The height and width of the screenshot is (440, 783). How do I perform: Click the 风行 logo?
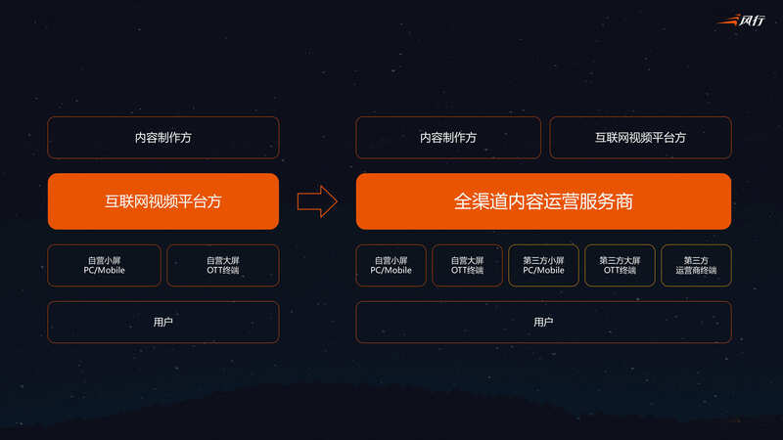click(741, 21)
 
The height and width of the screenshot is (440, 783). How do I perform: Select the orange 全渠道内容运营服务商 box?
click(543, 201)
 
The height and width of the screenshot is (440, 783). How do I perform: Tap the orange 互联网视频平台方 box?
click(163, 201)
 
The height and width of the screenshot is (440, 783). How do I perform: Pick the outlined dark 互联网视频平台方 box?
click(640, 138)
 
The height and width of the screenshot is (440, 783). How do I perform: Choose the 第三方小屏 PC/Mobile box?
click(543, 265)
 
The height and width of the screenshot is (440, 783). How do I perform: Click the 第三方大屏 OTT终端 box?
click(620, 265)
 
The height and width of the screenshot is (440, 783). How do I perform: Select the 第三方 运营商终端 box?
click(696, 265)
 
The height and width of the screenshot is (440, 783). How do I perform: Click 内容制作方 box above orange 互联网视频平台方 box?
click(163, 138)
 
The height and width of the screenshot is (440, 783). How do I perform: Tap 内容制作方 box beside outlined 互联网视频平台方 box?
click(448, 138)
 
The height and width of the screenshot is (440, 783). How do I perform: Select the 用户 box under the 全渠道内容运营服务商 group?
click(543, 323)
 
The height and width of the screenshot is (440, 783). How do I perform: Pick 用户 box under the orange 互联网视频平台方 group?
click(163, 323)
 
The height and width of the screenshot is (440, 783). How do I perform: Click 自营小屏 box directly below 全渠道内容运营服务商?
click(391, 265)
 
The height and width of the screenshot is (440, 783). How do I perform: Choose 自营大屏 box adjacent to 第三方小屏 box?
click(468, 265)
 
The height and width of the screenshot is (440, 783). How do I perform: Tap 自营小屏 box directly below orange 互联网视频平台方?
click(105, 265)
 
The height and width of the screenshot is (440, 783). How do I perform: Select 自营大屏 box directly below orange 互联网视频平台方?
click(223, 265)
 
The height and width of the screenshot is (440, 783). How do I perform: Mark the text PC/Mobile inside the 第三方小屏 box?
click(543, 271)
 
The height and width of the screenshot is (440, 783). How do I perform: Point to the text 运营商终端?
click(696, 271)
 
